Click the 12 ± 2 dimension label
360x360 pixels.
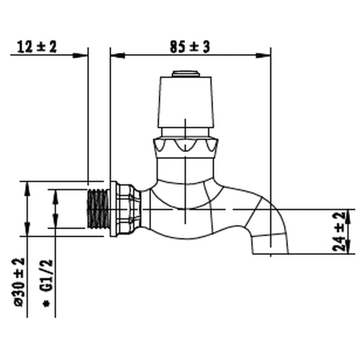(37, 47)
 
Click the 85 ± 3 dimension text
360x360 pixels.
(190, 47)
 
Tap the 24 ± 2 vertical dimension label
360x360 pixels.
(339, 232)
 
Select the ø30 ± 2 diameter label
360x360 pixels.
(19, 282)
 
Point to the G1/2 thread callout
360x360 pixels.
(48, 276)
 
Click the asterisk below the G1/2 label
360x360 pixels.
(47, 304)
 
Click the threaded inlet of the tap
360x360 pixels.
(98, 209)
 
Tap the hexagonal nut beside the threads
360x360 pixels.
(129, 209)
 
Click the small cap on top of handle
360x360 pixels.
(186, 74)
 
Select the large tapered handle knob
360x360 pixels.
(186, 102)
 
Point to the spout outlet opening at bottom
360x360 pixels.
(270, 254)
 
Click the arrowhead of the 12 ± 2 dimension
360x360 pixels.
(80, 55)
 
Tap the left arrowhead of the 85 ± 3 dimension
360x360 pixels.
(118, 55)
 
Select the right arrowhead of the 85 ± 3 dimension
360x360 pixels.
(263, 55)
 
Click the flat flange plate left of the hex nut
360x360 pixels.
(113, 209)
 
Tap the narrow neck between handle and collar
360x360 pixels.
(186, 133)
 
